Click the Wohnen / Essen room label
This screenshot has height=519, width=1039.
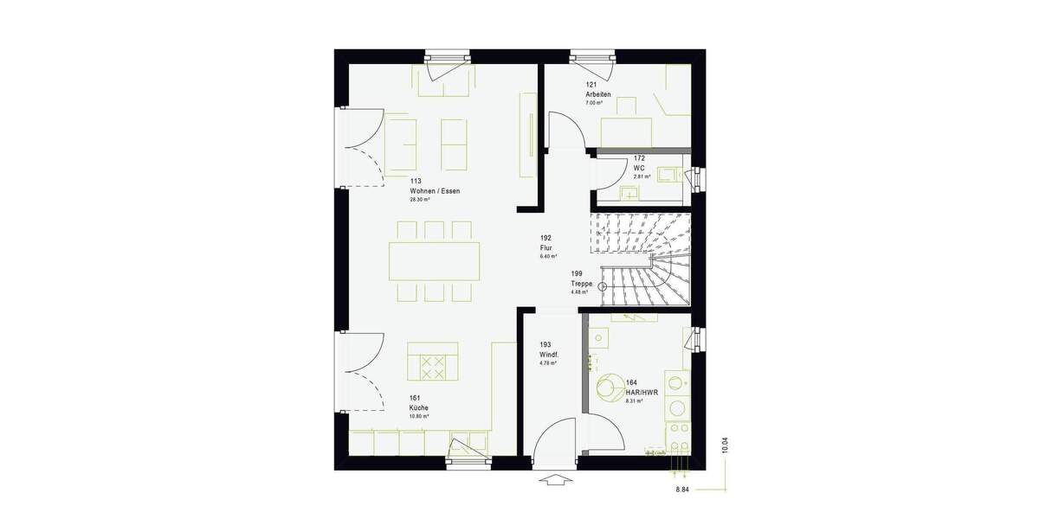click(x=435, y=190)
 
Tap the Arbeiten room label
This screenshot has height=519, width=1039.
click(x=598, y=94)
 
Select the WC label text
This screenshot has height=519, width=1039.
click(x=639, y=168)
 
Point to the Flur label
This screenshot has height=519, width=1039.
click(x=545, y=247)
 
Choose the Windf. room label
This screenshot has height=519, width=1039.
click(x=549, y=355)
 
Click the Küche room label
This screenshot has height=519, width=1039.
click(x=419, y=407)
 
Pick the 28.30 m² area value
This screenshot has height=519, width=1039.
click(x=420, y=200)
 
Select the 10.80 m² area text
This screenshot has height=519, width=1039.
click(x=419, y=416)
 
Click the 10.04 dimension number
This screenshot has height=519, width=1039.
click(x=726, y=445)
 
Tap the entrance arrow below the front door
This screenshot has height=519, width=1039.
click(x=555, y=481)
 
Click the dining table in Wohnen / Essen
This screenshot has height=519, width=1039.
click(x=435, y=259)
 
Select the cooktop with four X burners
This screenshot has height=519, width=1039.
click(x=431, y=367)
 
